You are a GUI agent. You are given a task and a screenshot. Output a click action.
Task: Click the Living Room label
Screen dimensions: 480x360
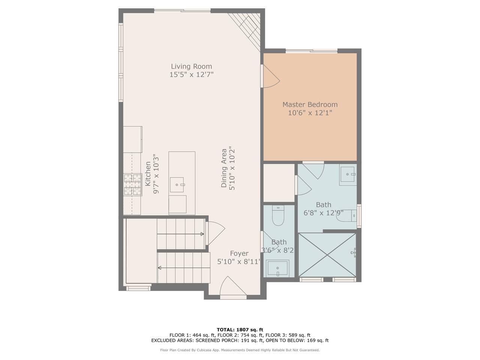[x=191, y=66]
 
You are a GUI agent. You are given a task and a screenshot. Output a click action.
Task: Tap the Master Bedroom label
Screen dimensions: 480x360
[x=310, y=105]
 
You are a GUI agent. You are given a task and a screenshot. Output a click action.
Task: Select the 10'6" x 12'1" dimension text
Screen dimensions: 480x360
[x=310, y=113]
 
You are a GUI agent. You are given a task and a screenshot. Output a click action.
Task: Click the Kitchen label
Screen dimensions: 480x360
[x=148, y=174]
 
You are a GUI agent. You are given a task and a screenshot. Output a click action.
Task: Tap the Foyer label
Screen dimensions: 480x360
[x=239, y=253]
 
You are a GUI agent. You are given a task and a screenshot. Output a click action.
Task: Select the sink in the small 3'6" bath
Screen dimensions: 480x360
[x=278, y=268]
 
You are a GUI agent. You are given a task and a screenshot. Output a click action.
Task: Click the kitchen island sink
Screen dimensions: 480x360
[x=177, y=185]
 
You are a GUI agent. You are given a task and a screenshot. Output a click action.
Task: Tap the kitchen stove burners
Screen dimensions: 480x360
[x=133, y=184]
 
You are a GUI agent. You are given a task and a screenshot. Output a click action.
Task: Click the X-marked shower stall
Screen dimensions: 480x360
[x=327, y=255]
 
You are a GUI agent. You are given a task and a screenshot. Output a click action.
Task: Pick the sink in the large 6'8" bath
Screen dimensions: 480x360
[x=348, y=175]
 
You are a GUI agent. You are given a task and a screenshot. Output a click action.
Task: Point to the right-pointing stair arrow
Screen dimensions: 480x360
[x=180, y=234]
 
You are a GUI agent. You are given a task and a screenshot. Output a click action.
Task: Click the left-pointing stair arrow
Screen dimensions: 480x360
[x=184, y=268]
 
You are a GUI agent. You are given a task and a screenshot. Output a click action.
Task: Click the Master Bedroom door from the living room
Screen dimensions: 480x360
[x=271, y=76]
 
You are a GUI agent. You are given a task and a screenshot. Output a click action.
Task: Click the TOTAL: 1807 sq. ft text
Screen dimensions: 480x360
[x=240, y=330]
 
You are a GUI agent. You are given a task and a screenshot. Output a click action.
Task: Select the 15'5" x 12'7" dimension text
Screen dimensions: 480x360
[x=191, y=75]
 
